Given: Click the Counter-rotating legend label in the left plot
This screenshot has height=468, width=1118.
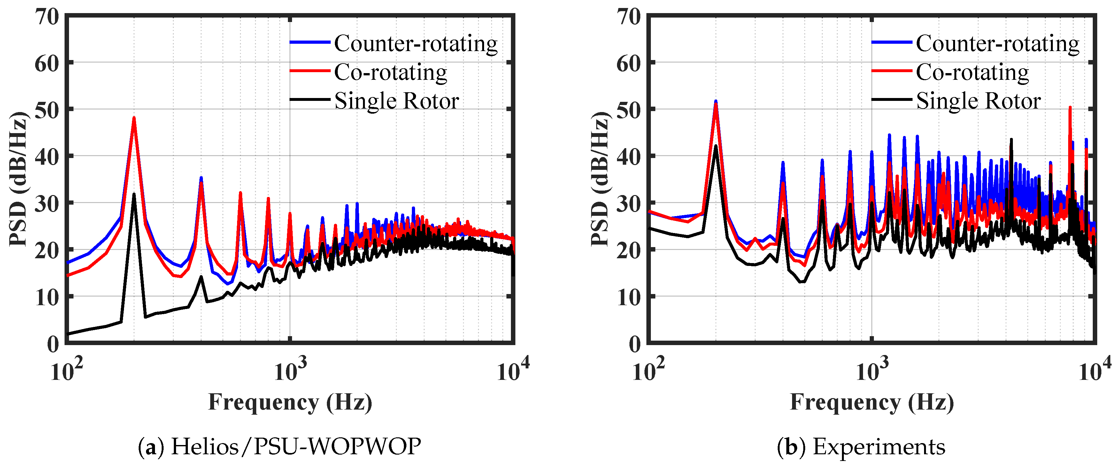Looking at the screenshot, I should point(415,43).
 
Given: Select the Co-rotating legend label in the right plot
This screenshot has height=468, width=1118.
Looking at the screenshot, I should point(972,72).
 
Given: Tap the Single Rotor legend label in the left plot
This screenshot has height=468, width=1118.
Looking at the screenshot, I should point(396,101).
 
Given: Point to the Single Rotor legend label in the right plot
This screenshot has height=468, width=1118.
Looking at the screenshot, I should point(978,101).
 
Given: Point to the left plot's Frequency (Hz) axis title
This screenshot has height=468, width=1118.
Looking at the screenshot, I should point(290,402).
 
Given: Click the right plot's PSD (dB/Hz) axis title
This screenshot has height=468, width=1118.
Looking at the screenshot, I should point(600,179).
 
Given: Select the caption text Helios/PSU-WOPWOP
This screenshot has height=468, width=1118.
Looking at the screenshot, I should point(296,447).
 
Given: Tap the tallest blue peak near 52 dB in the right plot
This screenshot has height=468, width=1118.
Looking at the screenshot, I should point(716,101).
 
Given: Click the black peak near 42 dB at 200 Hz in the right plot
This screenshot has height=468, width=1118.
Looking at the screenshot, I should point(716,146).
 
